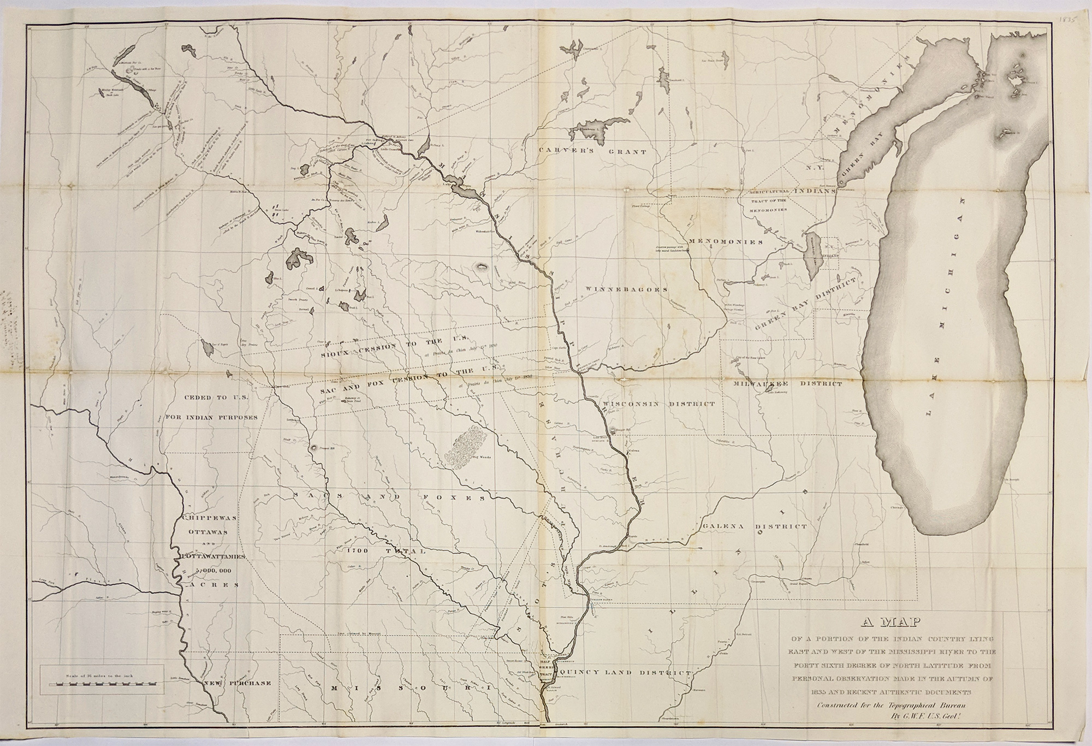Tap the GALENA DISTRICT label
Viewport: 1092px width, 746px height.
click(755, 527)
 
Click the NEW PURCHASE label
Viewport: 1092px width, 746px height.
click(238, 683)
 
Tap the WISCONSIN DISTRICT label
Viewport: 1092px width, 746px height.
click(659, 405)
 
